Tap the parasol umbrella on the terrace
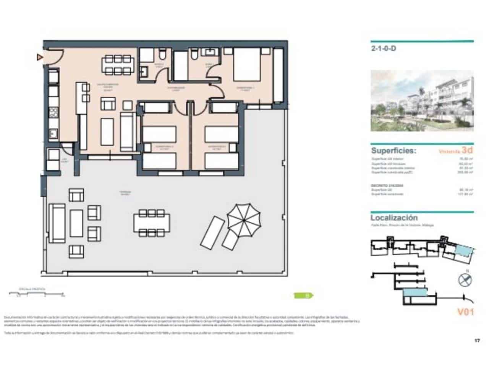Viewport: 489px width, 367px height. pyautogui.click(x=243, y=219)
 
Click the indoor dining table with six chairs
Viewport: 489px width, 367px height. pyautogui.click(x=118, y=65)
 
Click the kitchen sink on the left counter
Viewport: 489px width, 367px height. pyautogui.click(x=53, y=134)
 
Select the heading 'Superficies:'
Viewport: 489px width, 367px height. pyautogui.click(x=394, y=151)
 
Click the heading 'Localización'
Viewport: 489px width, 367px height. pyautogui.click(x=394, y=218)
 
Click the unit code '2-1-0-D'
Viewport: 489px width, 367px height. pyautogui.click(x=383, y=49)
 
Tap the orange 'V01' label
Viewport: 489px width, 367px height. pyautogui.click(x=465, y=312)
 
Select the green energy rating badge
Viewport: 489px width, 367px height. pyautogui.click(x=304, y=295)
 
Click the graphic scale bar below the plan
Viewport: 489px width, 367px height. pyautogui.click(x=37, y=294)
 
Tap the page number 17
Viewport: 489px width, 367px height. pyautogui.click(x=477, y=341)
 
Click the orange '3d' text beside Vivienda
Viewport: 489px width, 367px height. pyautogui.click(x=468, y=151)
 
